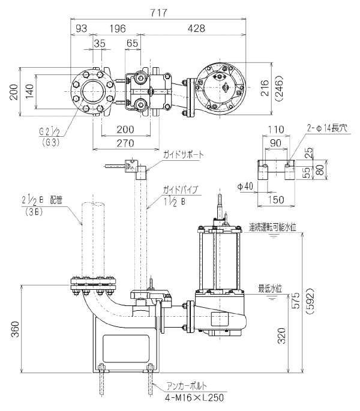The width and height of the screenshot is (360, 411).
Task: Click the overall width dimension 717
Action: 159,12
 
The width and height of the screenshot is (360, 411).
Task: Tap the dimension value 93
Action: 80,28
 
